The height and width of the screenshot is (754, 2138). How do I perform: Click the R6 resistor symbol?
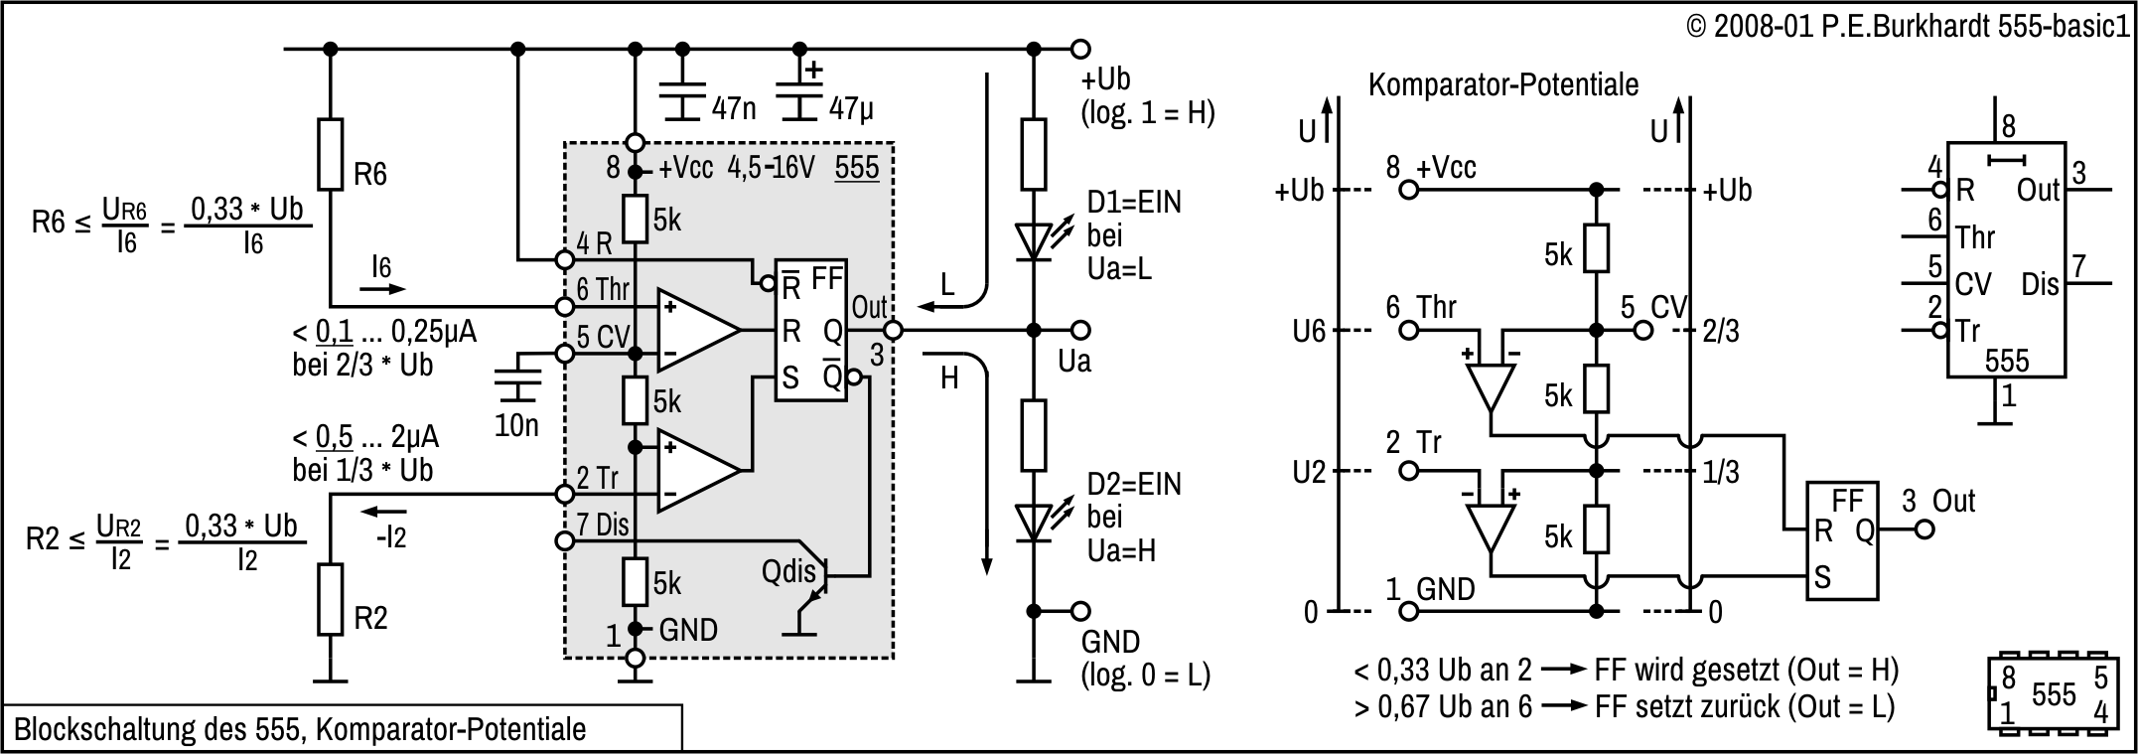pyautogui.click(x=331, y=154)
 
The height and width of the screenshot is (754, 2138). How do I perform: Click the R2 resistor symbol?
pyautogui.click(x=331, y=599)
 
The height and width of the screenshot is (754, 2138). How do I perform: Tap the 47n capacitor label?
pyautogui.click(x=734, y=108)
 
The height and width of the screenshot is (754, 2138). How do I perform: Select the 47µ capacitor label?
pyautogui.click(x=851, y=108)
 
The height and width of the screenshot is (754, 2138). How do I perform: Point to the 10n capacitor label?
pyautogui.click(x=516, y=425)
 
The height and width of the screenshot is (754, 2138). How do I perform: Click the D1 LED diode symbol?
pyautogui.click(x=1034, y=239)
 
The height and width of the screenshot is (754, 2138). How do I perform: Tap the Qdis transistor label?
pyautogui.click(x=789, y=571)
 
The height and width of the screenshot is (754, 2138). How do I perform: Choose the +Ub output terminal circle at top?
pyautogui.click(x=1080, y=49)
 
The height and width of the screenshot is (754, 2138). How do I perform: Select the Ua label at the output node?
pyautogui.click(x=1074, y=361)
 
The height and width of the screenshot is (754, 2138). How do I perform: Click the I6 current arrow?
pyautogui.click(x=382, y=288)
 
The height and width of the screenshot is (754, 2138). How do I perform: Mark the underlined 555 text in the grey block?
pyautogui.click(x=857, y=167)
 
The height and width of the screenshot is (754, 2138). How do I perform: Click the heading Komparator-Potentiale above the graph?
pyautogui.click(x=1502, y=85)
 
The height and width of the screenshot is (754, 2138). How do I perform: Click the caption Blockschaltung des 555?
pyautogui.click(x=300, y=729)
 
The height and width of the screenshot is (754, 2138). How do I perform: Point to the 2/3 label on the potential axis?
pyautogui.click(x=1721, y=332)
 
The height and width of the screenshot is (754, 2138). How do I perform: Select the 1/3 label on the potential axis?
pyautogui.click(x=1721, y=472)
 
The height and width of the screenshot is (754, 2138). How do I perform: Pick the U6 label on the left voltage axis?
pyautogui.click(x=1309, y=332)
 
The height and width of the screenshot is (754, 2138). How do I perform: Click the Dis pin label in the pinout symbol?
pyautogui.click(x=2040, y=285)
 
